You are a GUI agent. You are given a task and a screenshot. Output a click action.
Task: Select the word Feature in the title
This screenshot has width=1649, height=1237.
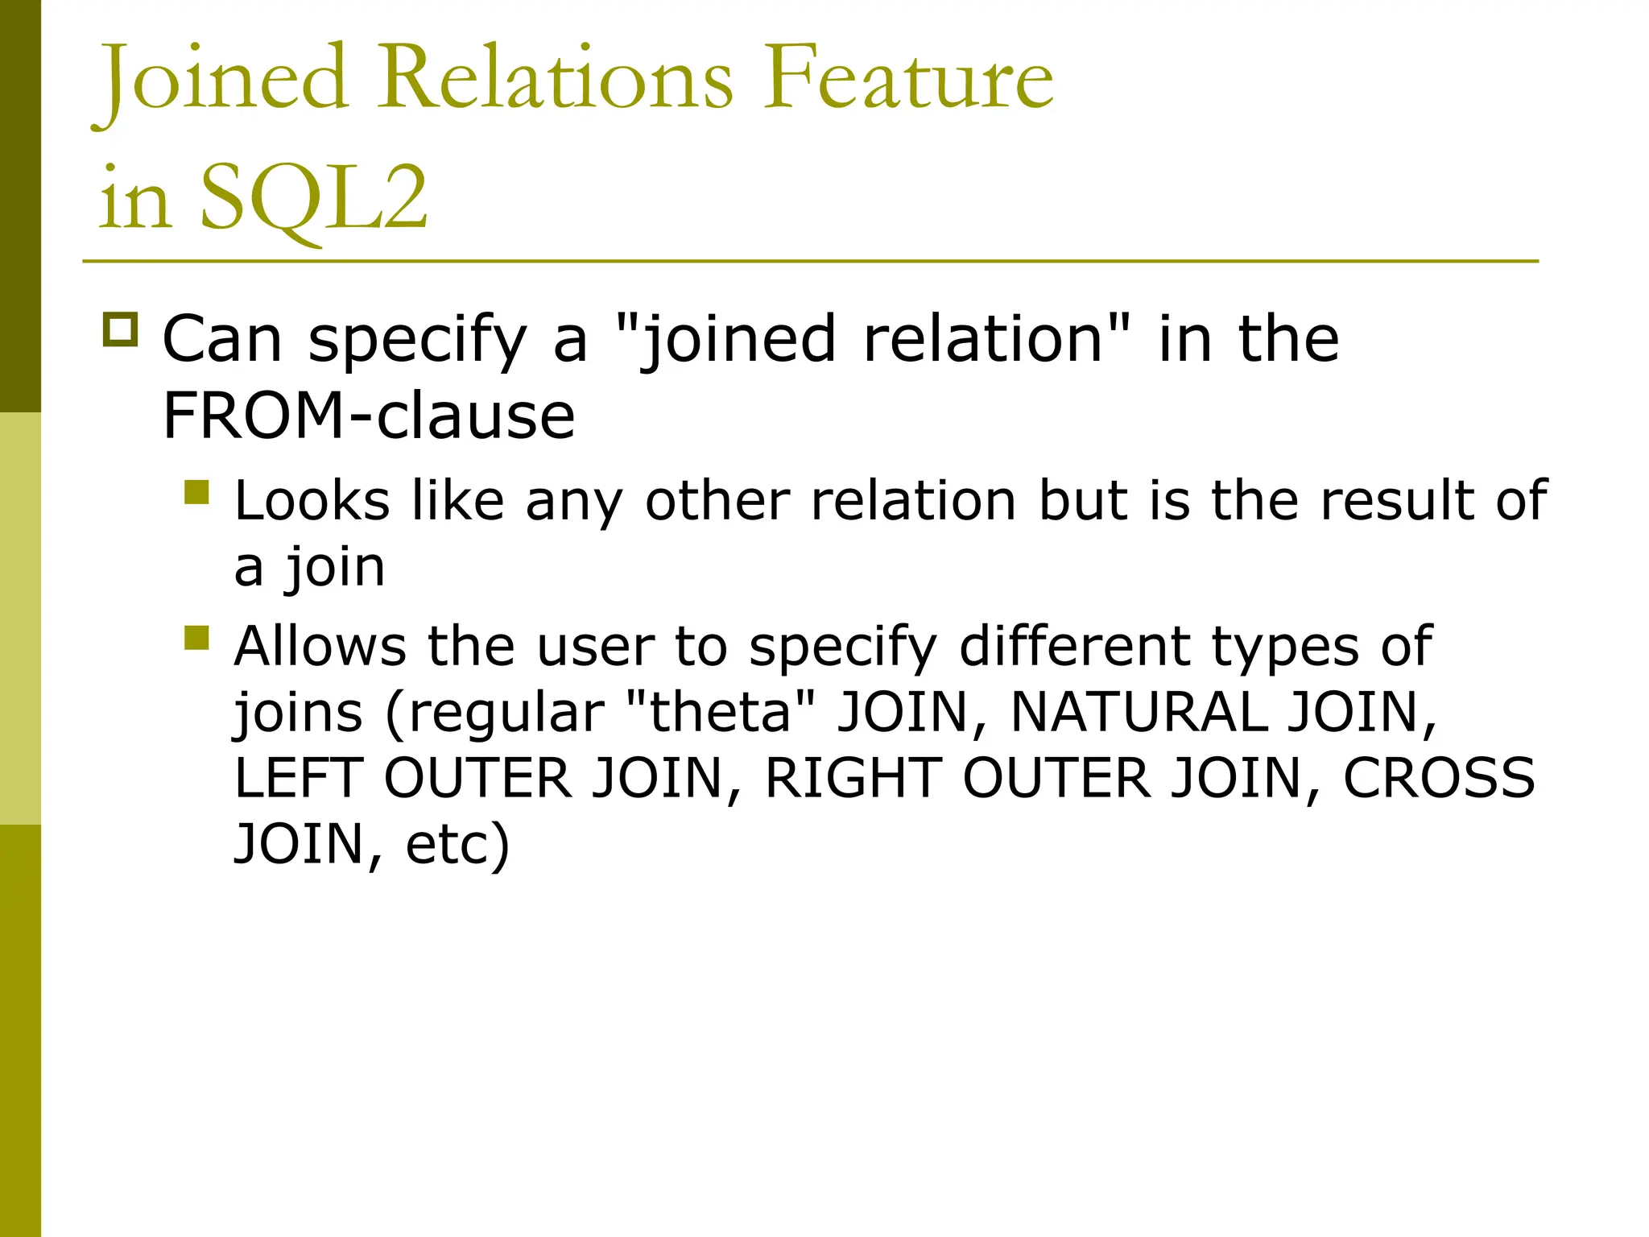907,77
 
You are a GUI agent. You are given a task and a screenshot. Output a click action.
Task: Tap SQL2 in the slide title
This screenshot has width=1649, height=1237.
313,198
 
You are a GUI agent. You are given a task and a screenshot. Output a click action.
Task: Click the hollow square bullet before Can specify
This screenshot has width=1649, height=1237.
121,330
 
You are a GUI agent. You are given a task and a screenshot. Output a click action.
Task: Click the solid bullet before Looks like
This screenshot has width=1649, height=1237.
196,492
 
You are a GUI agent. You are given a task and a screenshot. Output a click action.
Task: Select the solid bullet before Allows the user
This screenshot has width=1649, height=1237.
196,638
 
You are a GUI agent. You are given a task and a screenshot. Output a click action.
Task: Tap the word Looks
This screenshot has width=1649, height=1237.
312,501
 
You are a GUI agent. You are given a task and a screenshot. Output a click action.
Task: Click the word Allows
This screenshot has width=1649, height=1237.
320,646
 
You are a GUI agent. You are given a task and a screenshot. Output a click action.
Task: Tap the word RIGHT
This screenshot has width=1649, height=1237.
853,778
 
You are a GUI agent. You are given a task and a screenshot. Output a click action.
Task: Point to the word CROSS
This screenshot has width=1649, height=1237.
1439,778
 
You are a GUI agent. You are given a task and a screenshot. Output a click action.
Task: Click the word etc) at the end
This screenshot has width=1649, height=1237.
457,844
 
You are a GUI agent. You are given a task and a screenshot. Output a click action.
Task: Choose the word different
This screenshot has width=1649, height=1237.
1074,646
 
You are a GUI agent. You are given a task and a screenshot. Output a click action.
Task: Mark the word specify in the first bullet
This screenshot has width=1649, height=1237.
417,340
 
